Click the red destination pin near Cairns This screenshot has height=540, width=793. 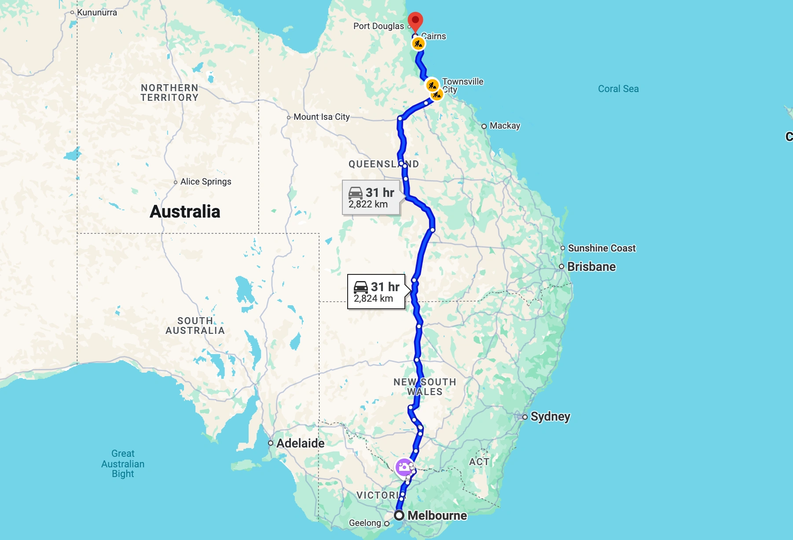tap(415, 20)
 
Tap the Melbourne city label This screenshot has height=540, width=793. tap(437, 515)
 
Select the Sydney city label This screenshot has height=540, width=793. tap(550, 416)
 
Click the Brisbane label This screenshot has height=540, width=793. tap(591, 266)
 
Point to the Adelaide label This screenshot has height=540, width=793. tap(300, 443)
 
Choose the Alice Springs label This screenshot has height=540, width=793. tap(206, 181)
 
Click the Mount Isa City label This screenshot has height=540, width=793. tap(321, 117)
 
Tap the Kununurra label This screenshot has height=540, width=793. tap(97, 12)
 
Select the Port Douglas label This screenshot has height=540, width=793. tap(378, 26)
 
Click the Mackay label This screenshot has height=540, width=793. tap(505, 126)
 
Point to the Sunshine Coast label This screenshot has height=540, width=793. tap(602, 248)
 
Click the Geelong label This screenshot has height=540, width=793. tap(365, 523)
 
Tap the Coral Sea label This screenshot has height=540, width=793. tap(618, 89)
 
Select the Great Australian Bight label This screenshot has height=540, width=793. tap(123, 463)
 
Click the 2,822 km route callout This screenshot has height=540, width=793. tap(371, 198)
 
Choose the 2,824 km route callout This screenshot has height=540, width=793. tap(376, 292)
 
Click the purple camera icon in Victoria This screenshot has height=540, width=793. tap(403, 467)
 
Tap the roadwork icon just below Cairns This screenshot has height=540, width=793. tap(418, 44)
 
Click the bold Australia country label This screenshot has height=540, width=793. tap(185, 211)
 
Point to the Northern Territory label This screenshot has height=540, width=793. tap(169, 92)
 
